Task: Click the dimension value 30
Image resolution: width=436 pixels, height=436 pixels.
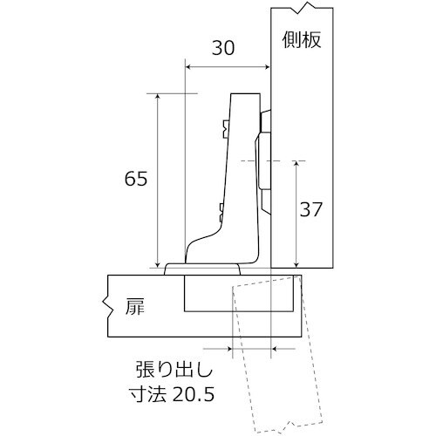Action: [223, 50]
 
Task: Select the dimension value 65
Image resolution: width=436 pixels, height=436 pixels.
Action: [136, 180]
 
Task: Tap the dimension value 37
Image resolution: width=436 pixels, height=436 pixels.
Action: [310, 210]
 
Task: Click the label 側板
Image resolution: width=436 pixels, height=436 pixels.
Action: [303, 39]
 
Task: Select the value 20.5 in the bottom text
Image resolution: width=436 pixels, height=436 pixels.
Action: [194, 394]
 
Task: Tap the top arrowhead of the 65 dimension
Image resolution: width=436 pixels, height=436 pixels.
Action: [157, 96]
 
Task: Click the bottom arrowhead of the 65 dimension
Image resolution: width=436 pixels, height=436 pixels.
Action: [157, 263]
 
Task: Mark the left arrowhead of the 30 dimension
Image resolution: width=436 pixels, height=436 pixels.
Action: [189, 65]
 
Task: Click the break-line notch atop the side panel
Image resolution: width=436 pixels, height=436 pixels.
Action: [303, 10]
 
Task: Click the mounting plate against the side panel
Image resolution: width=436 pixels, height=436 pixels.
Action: [265, 161]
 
